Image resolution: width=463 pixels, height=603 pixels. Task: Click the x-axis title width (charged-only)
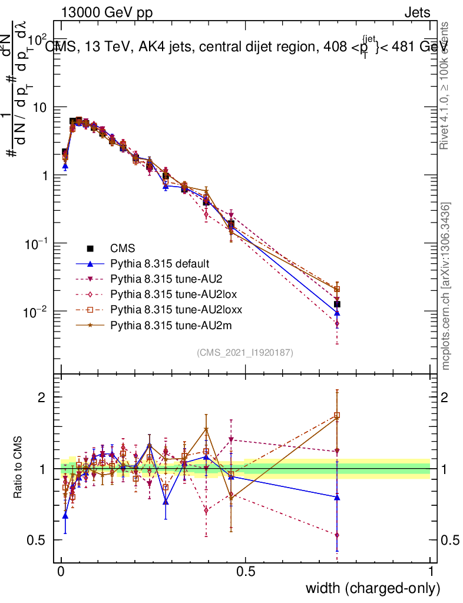pos(373,588)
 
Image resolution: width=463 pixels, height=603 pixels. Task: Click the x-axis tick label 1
pos(431,572)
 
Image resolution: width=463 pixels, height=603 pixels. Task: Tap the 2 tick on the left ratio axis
pos(42,397)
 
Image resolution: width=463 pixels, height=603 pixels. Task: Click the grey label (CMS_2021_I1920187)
pos(245,353)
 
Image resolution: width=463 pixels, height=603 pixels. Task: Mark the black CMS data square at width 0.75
pos(336,304)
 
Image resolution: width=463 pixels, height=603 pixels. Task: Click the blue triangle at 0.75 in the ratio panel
pos(337,497)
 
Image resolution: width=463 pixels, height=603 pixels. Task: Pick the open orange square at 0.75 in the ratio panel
pos(337,416)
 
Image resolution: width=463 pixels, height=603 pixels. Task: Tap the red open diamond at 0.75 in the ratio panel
pos(337,535)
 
